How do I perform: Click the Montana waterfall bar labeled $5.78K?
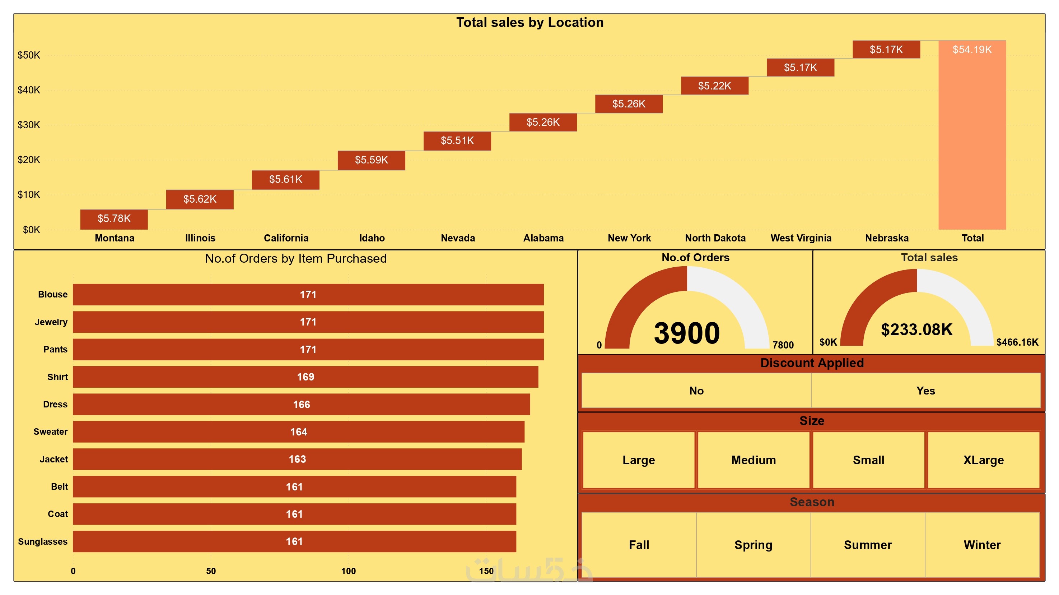114,219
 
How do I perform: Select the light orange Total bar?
972,136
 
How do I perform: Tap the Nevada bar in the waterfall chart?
457,141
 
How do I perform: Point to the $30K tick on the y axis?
29,125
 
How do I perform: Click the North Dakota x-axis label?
715,238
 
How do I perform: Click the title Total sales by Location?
529,23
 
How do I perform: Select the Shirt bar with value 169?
305,377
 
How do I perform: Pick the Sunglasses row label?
42,541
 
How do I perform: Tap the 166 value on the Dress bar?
301,405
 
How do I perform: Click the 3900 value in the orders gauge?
686,333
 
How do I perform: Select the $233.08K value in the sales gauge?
916,330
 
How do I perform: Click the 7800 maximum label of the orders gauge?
783,345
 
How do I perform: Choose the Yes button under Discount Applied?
925,391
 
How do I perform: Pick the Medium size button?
753,460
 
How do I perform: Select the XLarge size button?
983,460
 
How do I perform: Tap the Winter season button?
982,545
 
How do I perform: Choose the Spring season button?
753,545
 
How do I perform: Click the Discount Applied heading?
812,363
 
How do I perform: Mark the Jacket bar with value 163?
297,459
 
